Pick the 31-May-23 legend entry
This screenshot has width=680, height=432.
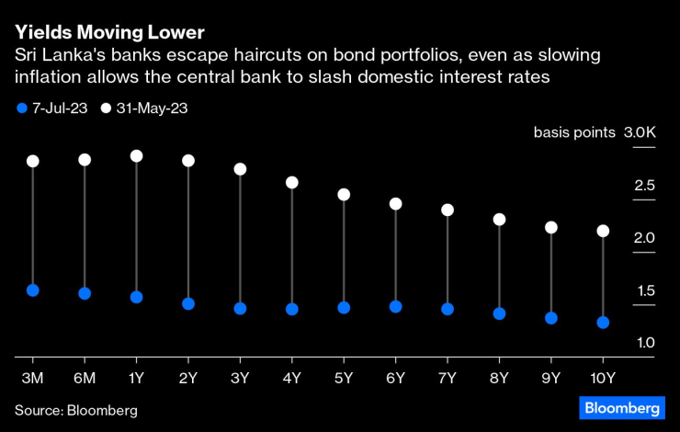(147, 108)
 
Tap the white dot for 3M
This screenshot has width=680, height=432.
(33, 161)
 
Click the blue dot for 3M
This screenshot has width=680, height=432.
(33, 290)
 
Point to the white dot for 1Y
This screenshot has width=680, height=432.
(137, 156)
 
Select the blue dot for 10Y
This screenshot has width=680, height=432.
(603, 323)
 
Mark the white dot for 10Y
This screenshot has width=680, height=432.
(603, 231)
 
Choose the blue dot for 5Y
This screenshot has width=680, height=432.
(344, 308)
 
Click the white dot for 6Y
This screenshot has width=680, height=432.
(395, 204)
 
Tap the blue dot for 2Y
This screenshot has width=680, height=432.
(188, 303)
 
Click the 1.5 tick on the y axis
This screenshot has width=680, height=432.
(645, 291)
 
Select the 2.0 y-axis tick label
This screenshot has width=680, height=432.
(645, 239)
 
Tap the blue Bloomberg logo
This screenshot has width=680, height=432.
(622, 408)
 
